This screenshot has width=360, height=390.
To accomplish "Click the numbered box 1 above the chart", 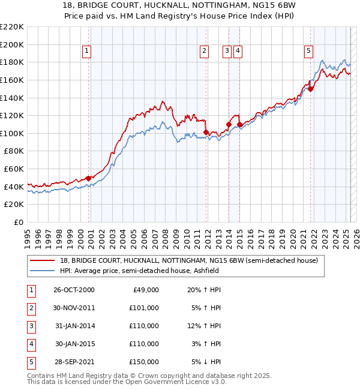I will (x=87, y=52).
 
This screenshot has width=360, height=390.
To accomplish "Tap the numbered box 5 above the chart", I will (x=308, y=52).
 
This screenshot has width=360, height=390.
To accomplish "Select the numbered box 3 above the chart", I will (x=227, y=52).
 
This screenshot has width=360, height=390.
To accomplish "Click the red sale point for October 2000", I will (x=89, y=178).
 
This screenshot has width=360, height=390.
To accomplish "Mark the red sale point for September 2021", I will (x=311, y=88).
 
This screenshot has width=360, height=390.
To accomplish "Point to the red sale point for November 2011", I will (x=206, y=132).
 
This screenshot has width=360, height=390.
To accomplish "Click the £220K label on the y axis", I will (x=12, y=27).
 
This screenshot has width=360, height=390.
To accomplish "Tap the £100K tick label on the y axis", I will (x=12, y=133).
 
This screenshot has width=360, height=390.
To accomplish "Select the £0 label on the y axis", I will (x=19, y=222).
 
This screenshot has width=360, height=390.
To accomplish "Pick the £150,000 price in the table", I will (x=143, y=362).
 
